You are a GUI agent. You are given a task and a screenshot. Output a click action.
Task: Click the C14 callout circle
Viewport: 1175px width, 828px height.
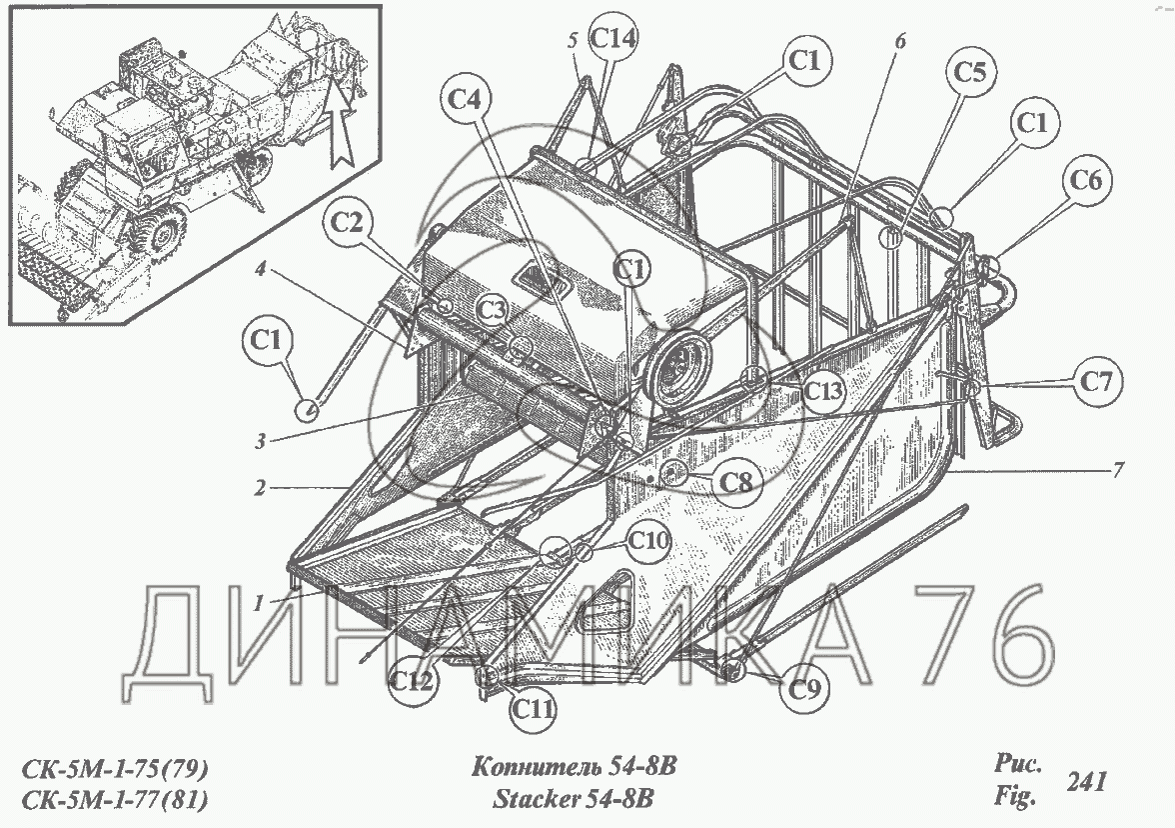(613, 39)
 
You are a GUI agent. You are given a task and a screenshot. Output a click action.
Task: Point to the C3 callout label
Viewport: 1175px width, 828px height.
(491, 310)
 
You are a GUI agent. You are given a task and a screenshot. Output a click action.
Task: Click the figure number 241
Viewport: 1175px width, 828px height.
(1086, 781)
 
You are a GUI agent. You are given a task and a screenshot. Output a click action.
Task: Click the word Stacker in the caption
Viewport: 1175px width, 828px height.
(539, 799)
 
